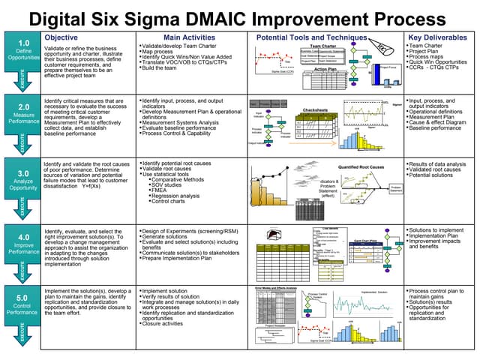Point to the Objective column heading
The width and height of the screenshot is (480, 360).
61,37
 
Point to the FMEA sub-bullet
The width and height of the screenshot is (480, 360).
159,190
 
